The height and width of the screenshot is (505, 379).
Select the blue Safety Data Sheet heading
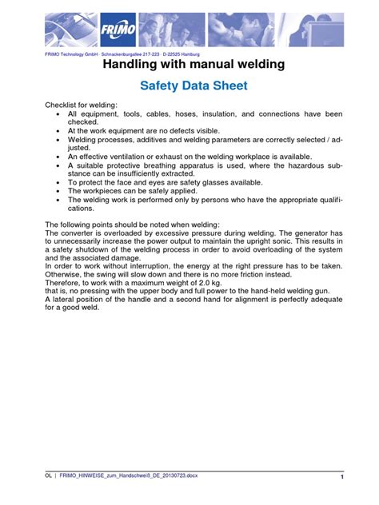click(x=189, y=86)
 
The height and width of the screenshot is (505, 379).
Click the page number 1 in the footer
click(x=341, y=477)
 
